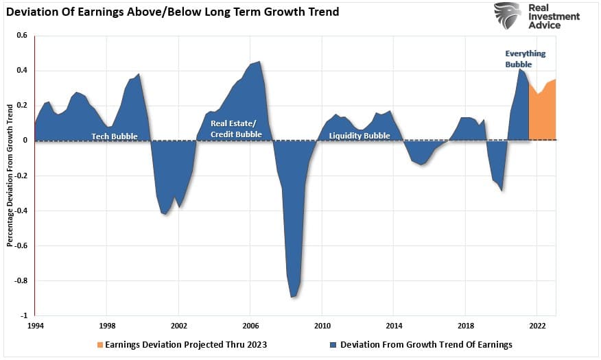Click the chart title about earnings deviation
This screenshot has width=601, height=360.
pos(172,12)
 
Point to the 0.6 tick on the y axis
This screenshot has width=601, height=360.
pos(23,35)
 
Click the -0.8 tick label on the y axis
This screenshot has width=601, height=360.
pos(21,280)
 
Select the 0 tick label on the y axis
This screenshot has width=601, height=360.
pos(25,140)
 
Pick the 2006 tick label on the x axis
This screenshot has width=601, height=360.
pos(250,325)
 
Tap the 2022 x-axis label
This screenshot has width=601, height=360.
pos(537,325)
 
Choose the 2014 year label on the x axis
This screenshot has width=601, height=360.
pos(394,325)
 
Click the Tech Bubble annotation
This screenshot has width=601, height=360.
pos(115,136)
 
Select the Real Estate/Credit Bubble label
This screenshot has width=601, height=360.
pos(236,130)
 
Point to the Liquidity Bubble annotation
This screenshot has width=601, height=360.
pos(360,136)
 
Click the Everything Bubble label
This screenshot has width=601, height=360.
pos(526,58)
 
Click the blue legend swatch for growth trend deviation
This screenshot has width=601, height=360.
pos(333,344)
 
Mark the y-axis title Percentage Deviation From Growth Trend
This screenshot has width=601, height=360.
pos(10,175)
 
